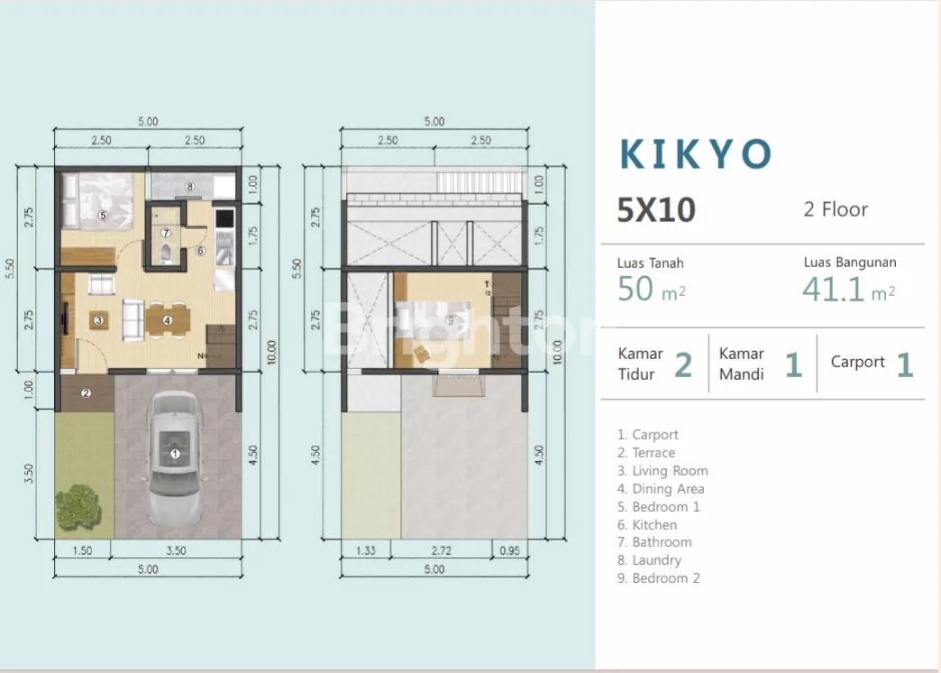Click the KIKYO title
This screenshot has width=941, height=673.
click(x=696, y=154)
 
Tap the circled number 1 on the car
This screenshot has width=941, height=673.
click(x=175, y=454)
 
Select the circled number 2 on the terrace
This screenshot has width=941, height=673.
click(x=86, y=393)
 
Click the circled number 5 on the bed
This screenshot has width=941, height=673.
click(x=103, y=215)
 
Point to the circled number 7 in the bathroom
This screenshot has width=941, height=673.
click(x=166, y=233)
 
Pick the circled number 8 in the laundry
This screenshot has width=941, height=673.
click(x=189, y=186)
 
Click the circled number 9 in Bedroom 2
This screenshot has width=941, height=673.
click(x=450, y=320)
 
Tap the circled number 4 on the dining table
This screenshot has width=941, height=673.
click(x=168, y=320)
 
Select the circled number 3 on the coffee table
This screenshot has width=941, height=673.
click(x=98, y=320)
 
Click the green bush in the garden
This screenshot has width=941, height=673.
click(x=77, y=506)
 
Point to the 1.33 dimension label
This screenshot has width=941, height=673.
click(x=365, y=550)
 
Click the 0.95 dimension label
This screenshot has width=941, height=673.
click(x=509, y=550)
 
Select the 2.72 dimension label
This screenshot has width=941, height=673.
click(x=441, y=550)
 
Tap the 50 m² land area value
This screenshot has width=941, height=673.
click(x=651, y=289)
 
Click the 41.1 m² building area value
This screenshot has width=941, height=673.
click(x=848, y=289)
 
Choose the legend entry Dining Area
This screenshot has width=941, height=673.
click(x=661, y=489)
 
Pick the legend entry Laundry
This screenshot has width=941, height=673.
click(x=649, y=560)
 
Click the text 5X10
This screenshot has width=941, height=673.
click(x=656, y=209)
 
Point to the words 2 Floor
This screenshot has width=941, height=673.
click(x=836, y=209)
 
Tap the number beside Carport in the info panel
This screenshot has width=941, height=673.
click(x=905, y=364)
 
